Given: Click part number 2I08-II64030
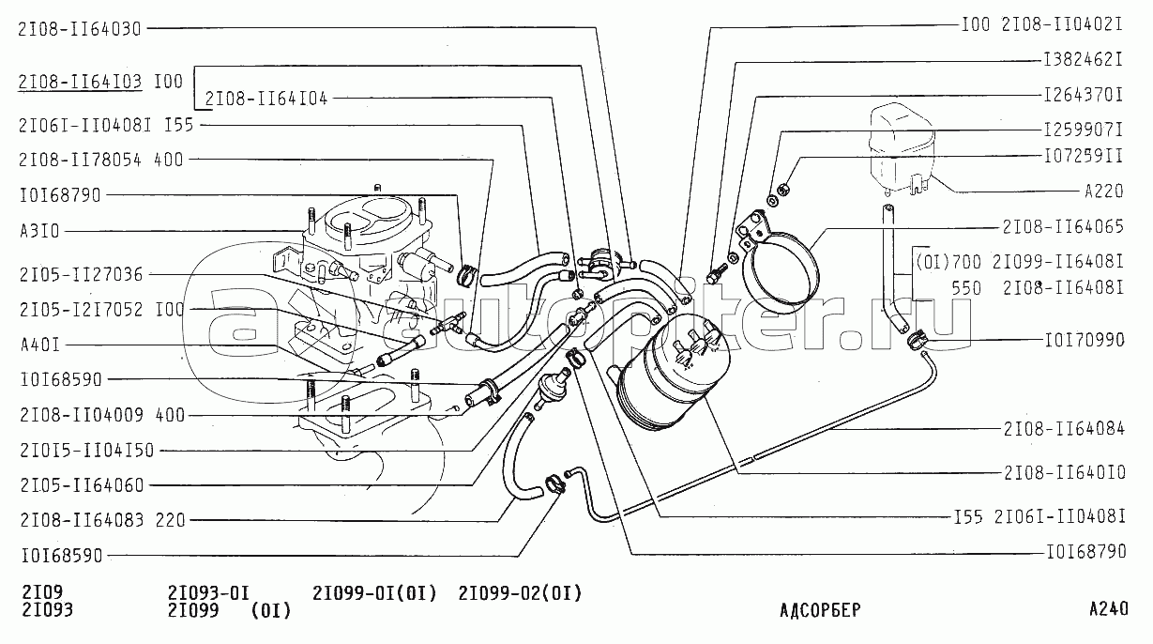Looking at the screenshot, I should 79,28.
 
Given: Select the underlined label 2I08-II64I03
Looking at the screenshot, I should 79,82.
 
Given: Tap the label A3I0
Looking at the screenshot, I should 39,231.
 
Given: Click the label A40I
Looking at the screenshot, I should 39,345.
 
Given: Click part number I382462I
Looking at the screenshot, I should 1084,58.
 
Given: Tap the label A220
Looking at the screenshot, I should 1103,192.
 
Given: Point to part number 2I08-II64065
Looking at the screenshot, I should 1063,226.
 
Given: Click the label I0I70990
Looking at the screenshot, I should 1084,340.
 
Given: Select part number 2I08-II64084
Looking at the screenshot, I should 1063,429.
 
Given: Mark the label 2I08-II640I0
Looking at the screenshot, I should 1063,472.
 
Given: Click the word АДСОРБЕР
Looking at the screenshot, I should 819,610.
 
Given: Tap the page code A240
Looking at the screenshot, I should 1108,608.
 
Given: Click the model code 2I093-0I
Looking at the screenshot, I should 207,592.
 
